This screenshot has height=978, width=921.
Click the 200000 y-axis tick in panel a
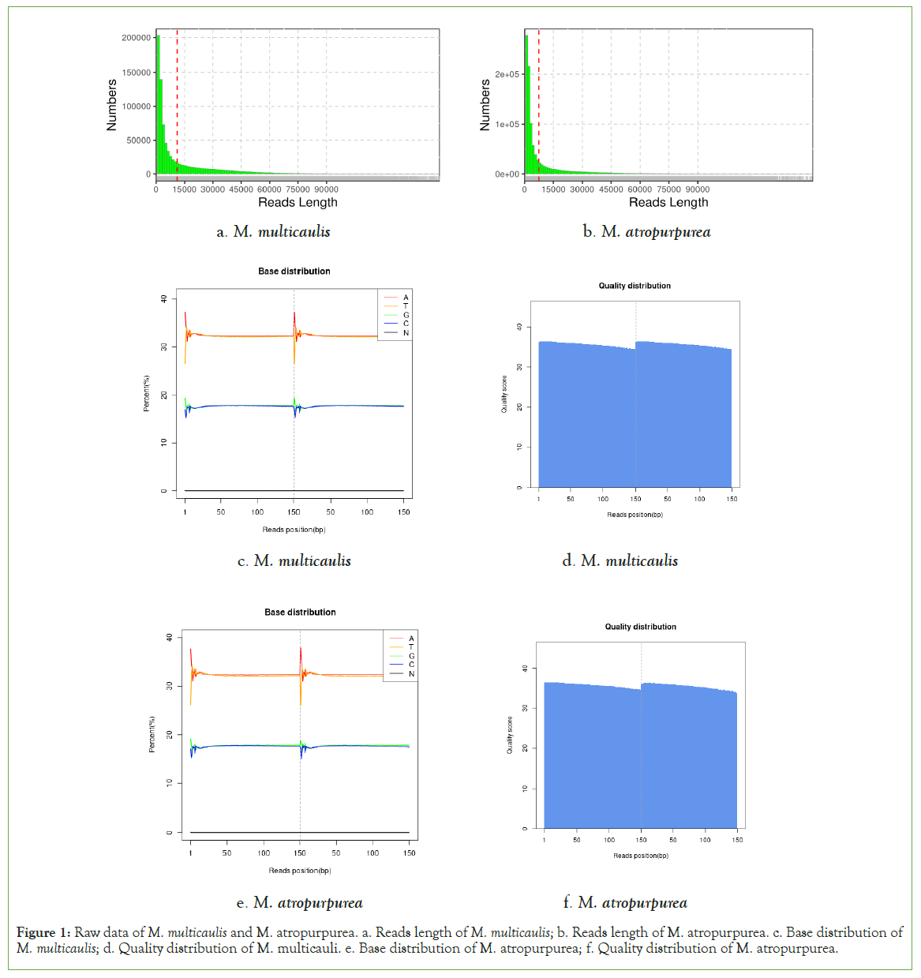click(137, 38)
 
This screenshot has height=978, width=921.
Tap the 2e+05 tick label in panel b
click(507, 75)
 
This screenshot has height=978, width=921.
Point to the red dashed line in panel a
click(178, 95)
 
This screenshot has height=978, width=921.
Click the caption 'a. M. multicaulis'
click(273, 232)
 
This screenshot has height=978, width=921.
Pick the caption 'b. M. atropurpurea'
click(646, 232)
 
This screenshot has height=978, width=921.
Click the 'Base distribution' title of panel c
click(294, 272)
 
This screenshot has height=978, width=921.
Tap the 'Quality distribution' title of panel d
click(635, 286)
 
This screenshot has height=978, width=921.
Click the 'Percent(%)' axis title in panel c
click(146, 394)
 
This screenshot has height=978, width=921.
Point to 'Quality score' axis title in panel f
click(510, 735)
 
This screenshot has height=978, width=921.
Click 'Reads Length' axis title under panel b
click(668, 203)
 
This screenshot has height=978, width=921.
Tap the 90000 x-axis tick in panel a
click(326, 189)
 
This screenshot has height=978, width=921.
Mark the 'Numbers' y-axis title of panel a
click(111, 105)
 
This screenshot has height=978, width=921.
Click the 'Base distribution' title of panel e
click(300, 613)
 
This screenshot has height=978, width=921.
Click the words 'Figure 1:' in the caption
click(43, 933)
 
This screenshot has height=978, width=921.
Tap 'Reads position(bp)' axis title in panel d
click(635, 515)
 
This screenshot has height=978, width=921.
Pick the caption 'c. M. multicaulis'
click(294, 561)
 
